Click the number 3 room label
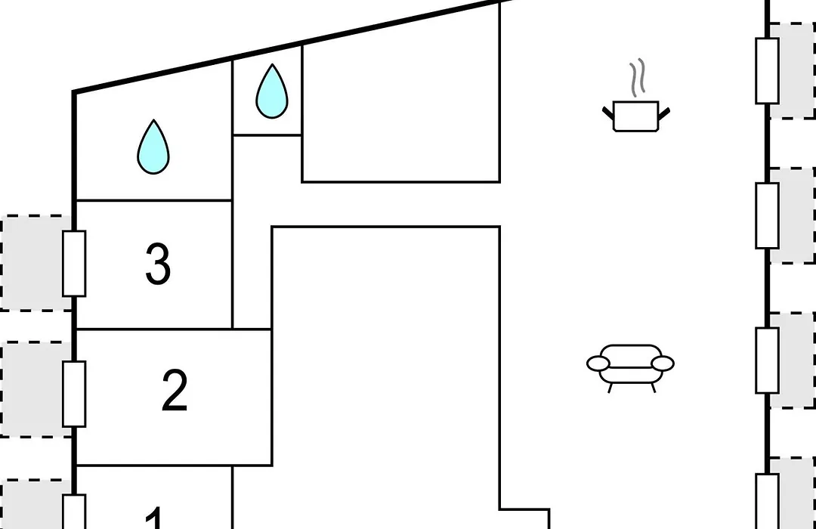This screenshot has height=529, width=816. click(158, 264)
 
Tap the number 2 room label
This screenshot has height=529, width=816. click(175, 391)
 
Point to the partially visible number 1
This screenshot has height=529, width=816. click(155, 518)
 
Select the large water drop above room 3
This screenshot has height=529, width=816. click(153, 147)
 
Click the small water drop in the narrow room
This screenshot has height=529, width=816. click(272, 91)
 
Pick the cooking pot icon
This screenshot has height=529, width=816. click(636, 116)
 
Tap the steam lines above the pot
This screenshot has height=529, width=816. click(638, 77)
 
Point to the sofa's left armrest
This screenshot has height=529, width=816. click(598, 363)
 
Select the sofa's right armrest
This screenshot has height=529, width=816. click(663, 363)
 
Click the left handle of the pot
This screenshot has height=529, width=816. click(608, 114)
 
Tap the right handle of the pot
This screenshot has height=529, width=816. click(664, 114)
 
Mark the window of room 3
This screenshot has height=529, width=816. click(74, 264)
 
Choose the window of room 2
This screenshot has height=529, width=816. click(74, 394)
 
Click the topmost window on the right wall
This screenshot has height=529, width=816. click(767, 71)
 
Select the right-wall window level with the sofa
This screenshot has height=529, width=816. click(767, 360)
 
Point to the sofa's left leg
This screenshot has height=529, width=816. click(610, 388)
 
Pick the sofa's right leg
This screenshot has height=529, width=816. click(653, 388)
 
